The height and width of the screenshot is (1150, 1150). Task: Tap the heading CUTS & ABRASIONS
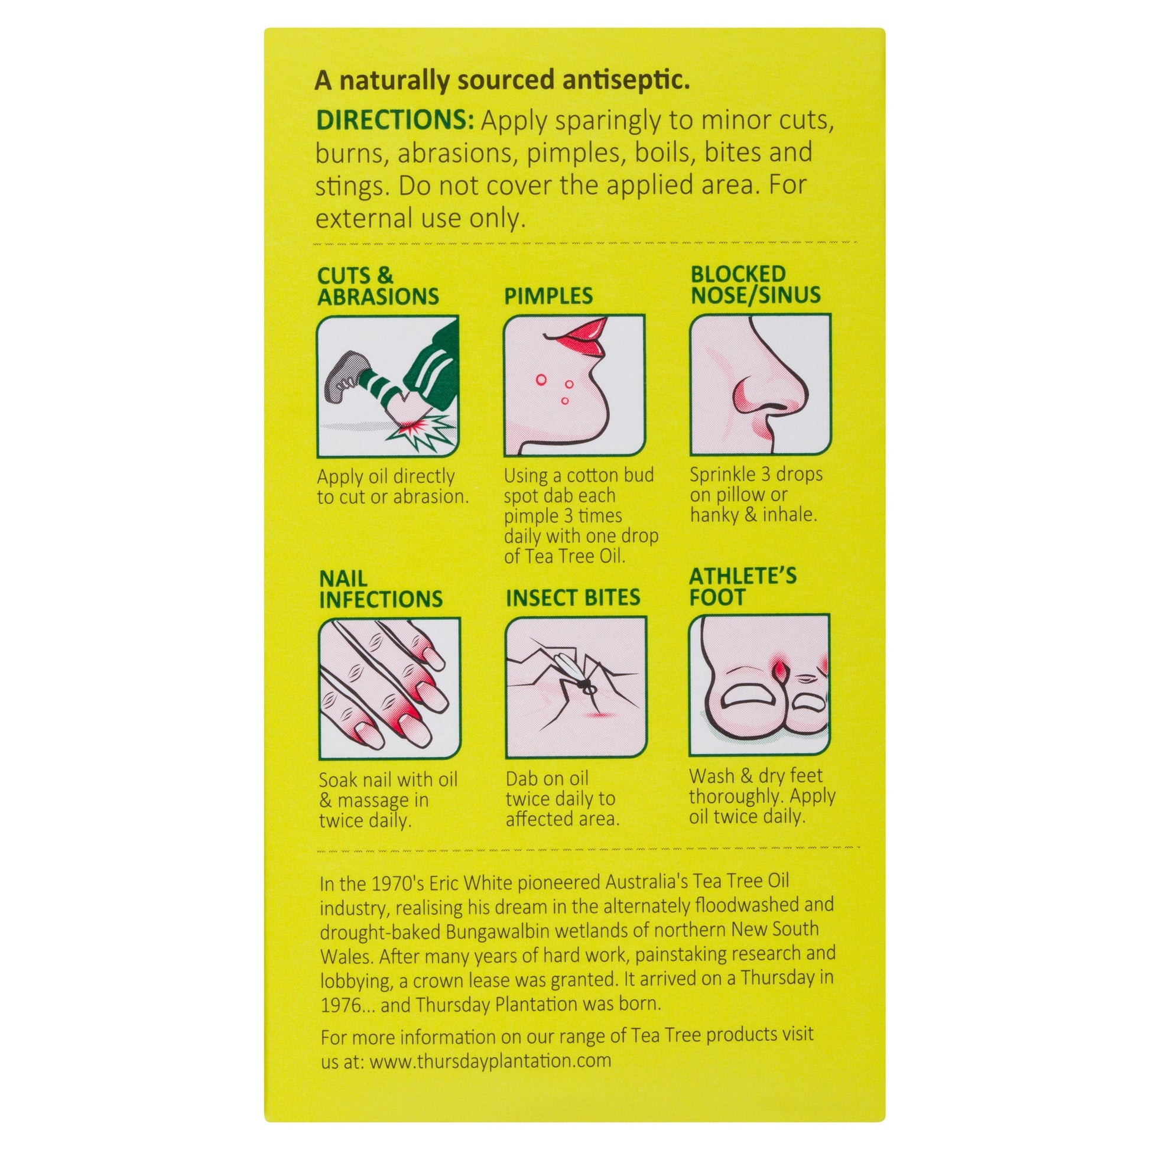coord(378,286)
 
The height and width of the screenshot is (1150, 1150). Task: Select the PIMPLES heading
coord(549,296)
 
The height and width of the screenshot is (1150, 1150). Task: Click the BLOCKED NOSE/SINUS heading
coord(755,284)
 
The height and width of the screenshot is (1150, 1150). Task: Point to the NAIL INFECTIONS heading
coord(381,589)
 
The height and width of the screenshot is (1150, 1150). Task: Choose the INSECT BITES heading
coord(573,597)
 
